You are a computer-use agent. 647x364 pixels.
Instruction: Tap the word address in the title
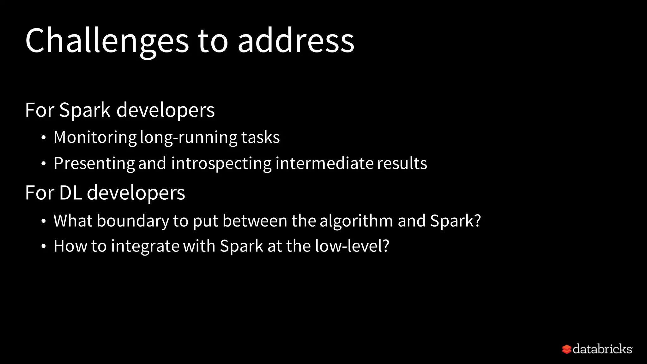[x=296, y=41]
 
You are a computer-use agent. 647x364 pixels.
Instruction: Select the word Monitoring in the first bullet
[x=95, y=137]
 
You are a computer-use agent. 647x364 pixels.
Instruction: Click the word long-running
[x=189, y=137]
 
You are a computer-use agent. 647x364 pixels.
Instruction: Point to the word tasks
[x=260, y=137]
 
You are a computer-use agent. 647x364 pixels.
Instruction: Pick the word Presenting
[x=94, y=164]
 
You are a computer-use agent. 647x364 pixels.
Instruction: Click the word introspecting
[x=221, y=164]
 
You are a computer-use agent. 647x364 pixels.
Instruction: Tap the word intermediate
[x=324, y=163]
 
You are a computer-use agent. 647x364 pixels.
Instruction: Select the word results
[x=402, y=163]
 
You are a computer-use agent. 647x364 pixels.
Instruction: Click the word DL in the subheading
[x=70, y=193]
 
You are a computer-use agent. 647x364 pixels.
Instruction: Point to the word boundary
[x=133, y=221]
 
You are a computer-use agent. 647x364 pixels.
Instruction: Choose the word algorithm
[x=356, y=221]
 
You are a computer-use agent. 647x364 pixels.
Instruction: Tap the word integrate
[x=145, y=246]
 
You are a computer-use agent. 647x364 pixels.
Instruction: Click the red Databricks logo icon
[x=566, y=349]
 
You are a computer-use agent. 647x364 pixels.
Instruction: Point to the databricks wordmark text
[x=602, y=349]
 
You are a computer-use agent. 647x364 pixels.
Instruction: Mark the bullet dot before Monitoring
[x=44, y=138]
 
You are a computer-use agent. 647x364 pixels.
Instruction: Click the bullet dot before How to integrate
[x=44, y=246]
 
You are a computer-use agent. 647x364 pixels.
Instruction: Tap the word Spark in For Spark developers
[x=85, y=110]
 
